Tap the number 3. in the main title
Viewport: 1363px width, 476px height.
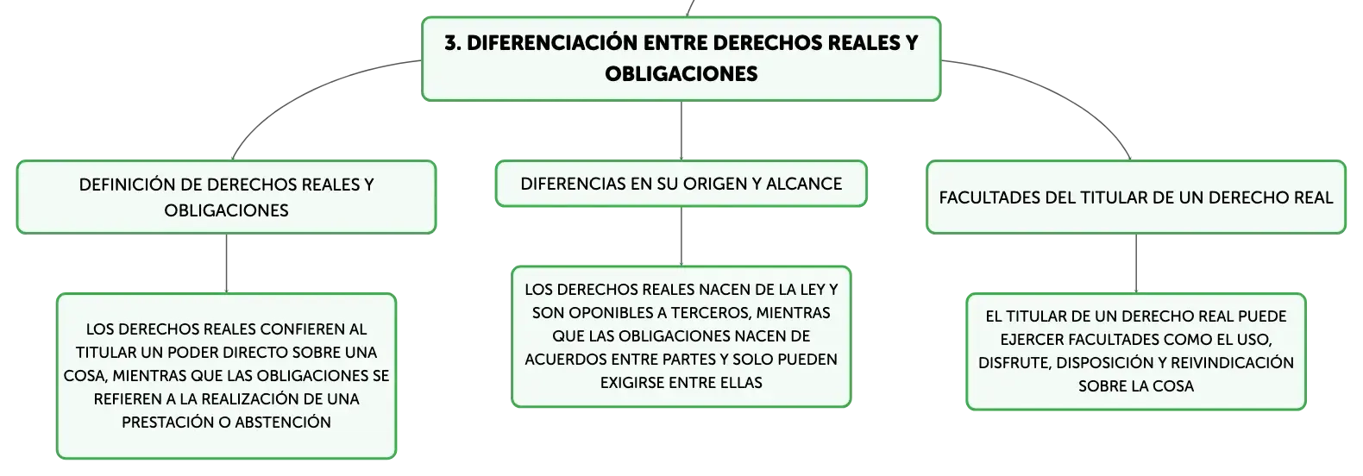coord(452,43)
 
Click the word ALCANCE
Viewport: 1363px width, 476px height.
coord(804,184)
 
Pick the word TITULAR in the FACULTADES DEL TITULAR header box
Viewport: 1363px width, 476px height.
coord(1081,197)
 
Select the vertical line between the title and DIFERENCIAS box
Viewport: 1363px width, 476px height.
coord(681,130)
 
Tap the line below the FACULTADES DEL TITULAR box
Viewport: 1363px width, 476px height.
coord(1136,263)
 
